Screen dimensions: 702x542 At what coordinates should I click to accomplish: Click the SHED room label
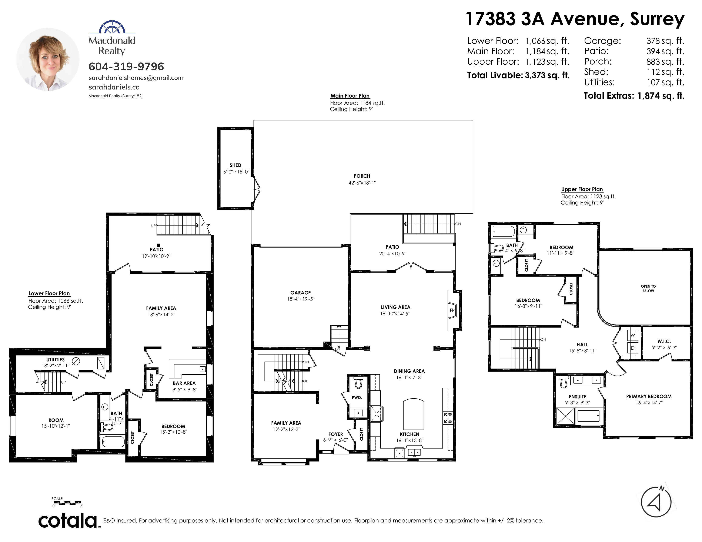click(x=235, y=165)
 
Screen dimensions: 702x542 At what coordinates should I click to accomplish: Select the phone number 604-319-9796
click(x=126, y=67)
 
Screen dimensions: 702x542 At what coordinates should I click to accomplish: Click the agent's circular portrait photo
click(x=48, y=59)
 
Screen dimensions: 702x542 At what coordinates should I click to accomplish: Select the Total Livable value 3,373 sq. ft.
click(x=547, y=75)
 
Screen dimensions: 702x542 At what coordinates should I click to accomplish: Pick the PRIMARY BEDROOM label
click(x=649, y=397)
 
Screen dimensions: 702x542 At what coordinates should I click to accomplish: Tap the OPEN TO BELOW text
click(x=648, y=289)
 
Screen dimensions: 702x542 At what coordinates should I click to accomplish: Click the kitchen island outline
click(x=413, y=414)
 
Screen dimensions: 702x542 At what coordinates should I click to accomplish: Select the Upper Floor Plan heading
click(x=582, y=189)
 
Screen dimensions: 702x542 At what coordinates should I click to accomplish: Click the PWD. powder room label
click(x=357, y=397)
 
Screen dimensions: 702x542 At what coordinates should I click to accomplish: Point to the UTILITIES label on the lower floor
click(x=55, y=360)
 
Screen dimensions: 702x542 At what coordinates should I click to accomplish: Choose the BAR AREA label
click(x=184, y=383)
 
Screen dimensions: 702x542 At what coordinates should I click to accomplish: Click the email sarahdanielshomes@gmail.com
click(x=136, y=78)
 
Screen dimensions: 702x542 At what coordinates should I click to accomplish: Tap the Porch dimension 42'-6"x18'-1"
click(x=362, y=183)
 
